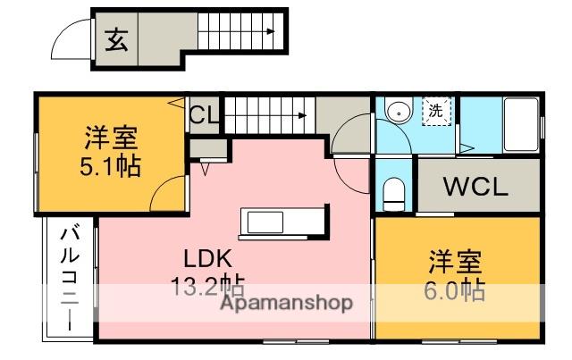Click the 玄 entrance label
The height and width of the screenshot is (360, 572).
click(116, 39)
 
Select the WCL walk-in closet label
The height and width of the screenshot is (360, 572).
click(476, 188)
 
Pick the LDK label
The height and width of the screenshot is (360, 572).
click(208, 260)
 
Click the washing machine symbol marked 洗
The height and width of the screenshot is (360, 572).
click(435, 112)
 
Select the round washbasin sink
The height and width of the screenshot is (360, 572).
click(396, 112)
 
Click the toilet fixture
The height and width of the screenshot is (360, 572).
click(392, 192)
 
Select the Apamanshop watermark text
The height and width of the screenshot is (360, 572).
click(286, 302)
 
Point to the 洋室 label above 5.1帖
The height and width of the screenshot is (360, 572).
click(111, 138)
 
